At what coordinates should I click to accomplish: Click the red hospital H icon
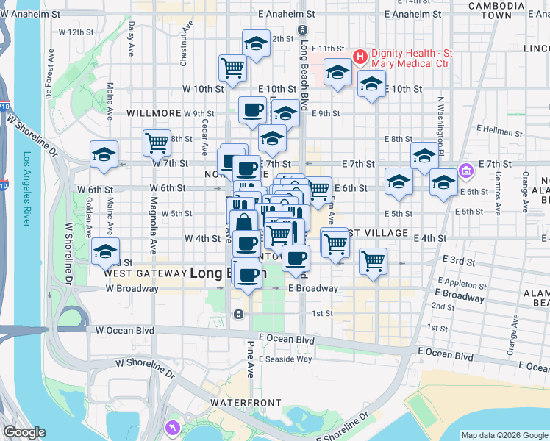361,56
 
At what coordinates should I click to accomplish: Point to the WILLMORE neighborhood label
154,113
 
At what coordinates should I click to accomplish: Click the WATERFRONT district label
246,403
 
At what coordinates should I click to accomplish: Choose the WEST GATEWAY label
143,273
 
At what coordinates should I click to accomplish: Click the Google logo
24,432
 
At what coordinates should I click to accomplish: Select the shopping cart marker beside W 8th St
157,142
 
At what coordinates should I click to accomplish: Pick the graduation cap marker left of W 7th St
104,155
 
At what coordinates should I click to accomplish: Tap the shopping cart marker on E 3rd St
373,261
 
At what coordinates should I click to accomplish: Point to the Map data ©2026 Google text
503,435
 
